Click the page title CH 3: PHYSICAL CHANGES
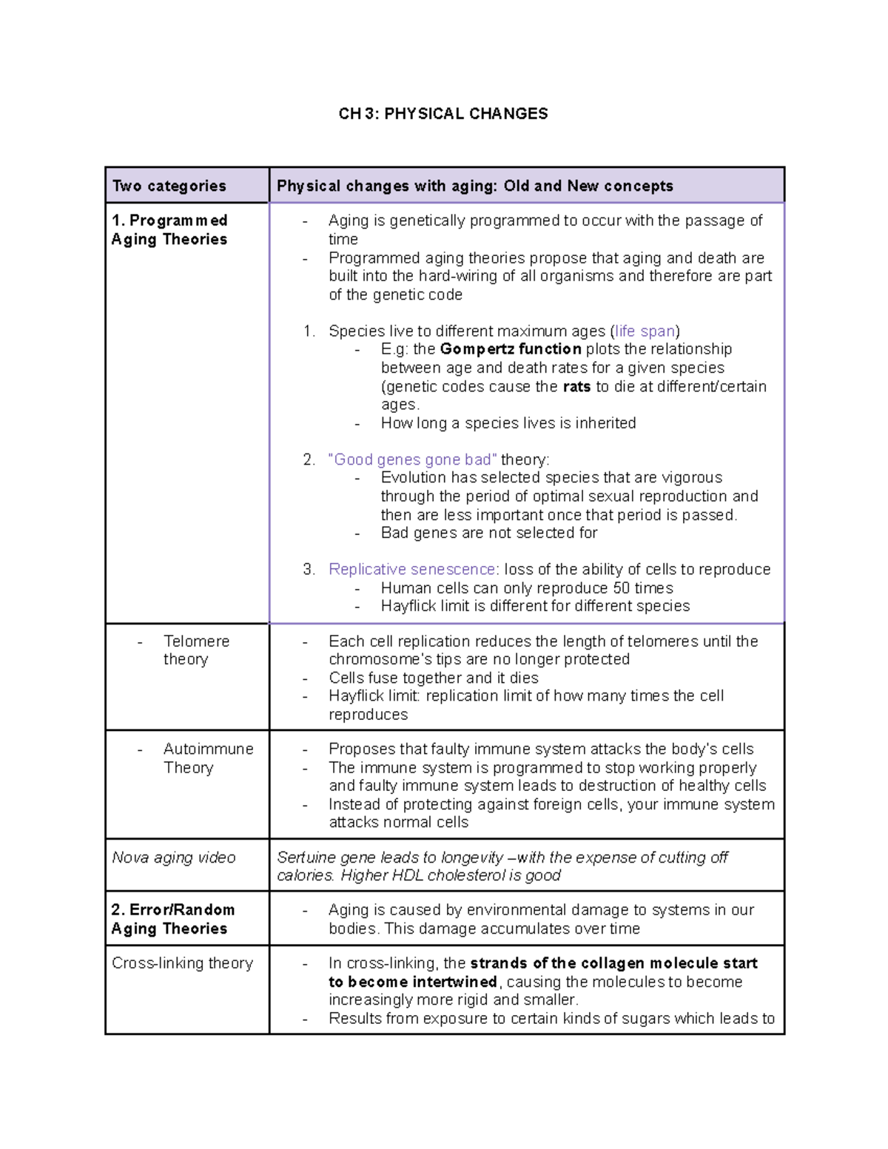443,114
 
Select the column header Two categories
169,186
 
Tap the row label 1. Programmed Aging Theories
169,230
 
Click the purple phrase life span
645,331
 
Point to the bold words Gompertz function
511,349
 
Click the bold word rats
576,386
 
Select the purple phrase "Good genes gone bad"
412,459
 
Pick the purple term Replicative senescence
412,569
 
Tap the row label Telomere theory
196,650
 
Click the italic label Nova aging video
174,857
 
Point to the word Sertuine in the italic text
306,857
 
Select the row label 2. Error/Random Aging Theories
173,919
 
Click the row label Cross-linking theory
182,963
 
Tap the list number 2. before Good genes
309,459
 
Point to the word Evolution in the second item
414,478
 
